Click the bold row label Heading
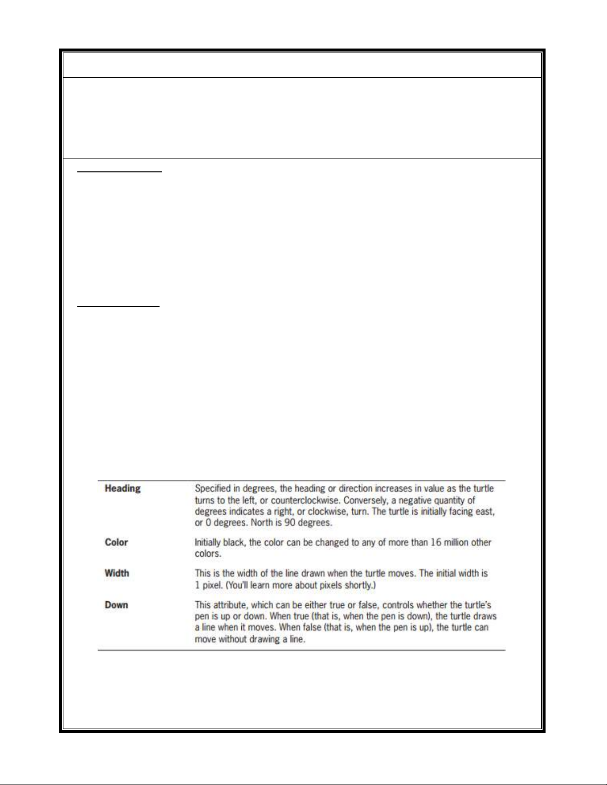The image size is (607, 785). [x=122, y=488]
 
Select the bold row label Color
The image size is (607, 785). [x=116, y=542]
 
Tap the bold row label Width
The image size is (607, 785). [x=116, y=573]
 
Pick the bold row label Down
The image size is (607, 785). [x=116, y=605]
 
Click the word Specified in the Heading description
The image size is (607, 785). [x=213, y=488]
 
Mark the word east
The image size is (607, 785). [x=485, y=512]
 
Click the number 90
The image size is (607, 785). [x=289, y=523]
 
